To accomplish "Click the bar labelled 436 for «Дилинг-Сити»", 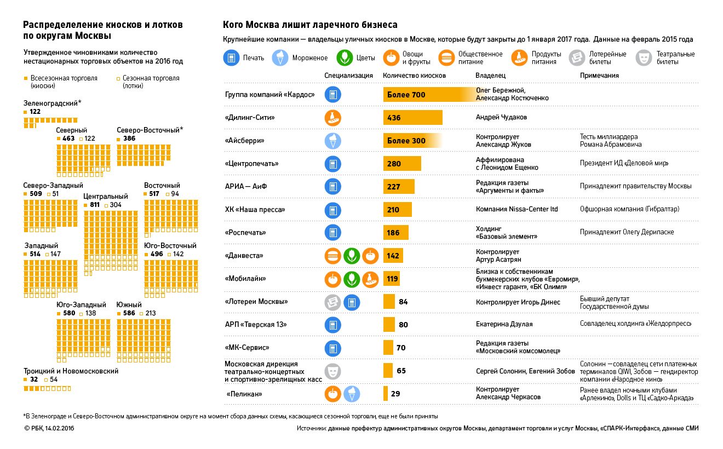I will [x=412, y=118].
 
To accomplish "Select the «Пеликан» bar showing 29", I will [x=386, y=394].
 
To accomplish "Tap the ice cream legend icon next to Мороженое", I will [x=280, y=57].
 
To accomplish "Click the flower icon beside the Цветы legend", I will [x=343, y=57].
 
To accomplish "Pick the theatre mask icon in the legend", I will [x=644, y=57].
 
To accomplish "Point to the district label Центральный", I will [x=106, y=196].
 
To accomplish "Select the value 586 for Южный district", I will [x=129, y=313].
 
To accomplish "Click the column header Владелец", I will [x=490, y=76].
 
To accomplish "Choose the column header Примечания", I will [x=599, y=76].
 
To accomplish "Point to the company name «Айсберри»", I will [x=245, y=141].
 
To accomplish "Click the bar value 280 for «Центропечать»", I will [x=394, y=164].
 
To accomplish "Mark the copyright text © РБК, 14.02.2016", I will [x=49, y=428].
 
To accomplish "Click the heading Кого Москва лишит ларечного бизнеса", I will [x=310, y=25].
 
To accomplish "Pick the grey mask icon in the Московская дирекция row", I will [x=332, y=371].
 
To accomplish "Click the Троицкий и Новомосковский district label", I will [x=71, y=371].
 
